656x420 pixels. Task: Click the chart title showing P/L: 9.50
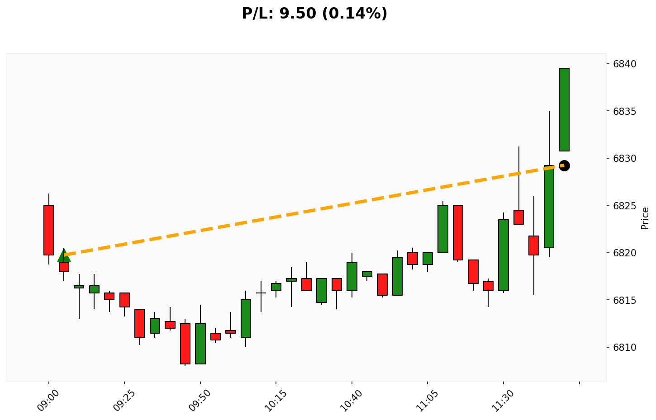point(314,14)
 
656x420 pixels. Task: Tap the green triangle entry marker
point(64,255)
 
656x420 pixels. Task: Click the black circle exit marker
point(564,165)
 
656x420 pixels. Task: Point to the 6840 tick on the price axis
point(624,64)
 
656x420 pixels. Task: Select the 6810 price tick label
point(624,348)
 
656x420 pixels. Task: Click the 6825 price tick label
point(624,206)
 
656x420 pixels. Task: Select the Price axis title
point(645,218)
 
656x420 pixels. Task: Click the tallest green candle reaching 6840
point(564,109)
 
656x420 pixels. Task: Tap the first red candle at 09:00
point(49,230)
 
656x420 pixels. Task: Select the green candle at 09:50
point(200,344)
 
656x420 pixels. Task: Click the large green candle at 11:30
point(504,255)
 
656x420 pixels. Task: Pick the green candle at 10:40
point(352,276)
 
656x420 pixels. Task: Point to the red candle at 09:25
point(124,300)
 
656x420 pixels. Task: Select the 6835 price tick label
point(624,111)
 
